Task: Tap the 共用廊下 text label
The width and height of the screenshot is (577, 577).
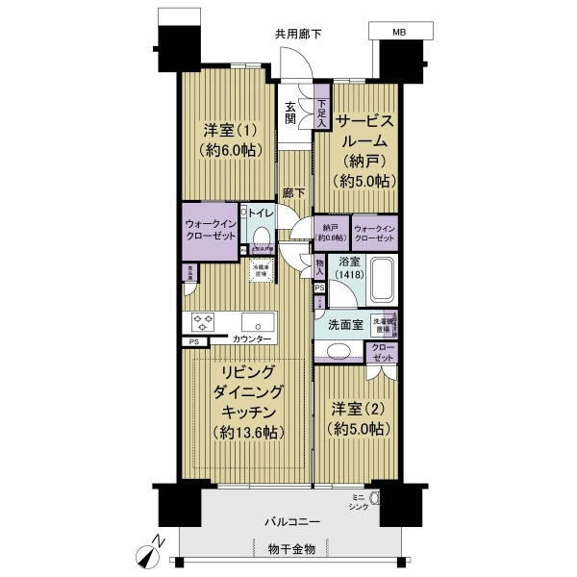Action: click(298, 34)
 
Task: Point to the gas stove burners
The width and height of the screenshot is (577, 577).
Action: click(203, 321)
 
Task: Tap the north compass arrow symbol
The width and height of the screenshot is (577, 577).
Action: click(146, 550)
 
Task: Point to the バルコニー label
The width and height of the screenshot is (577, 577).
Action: click(293, 521)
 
